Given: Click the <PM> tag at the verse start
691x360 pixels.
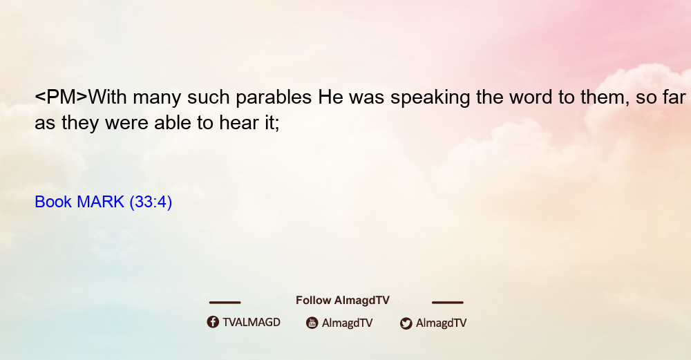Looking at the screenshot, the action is (x=61, y=97).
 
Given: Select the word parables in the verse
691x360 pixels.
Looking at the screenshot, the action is (x=274, y=97).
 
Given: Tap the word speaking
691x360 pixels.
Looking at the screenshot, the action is (x=430, y=97).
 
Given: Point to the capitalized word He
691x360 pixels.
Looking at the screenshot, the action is (x=330, y=97).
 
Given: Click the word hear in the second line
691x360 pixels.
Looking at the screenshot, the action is (x=239, y=122).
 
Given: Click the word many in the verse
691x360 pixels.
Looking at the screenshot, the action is (x=157, y=98).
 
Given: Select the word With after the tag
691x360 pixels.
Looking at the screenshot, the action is (x=108, y=97).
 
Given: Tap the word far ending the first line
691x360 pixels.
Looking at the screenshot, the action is (x=673, y=97).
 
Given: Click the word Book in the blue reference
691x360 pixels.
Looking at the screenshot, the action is (x=53, y=202).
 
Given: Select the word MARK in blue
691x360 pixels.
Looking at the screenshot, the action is (x=100, y=202).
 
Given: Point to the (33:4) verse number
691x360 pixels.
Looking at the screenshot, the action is (x=151, y=202).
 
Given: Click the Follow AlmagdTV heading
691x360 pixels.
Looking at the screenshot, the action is (x=343, y=301).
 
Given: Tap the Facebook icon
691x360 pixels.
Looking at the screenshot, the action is (x=213, y=322).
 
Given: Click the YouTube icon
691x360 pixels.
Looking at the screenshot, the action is (x=312, y=323).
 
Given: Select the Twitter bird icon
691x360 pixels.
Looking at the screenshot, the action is (x=406, y=323).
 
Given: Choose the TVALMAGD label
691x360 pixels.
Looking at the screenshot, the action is (x=252, y=323).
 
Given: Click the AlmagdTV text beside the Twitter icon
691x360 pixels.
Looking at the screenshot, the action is (x=441, y=323).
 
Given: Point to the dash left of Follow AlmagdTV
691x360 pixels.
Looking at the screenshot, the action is (x=225, y=303).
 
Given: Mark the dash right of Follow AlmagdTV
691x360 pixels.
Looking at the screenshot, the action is (x=448, y=303).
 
